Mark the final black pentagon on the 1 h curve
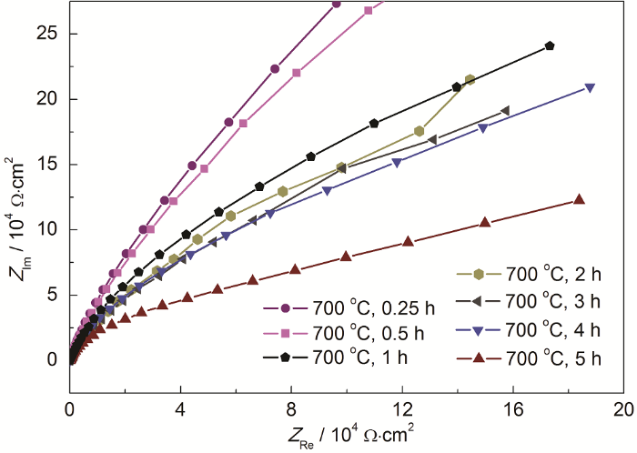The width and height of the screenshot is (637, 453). pyautogui.click(x=550, y=45)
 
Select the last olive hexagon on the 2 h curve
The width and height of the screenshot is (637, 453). pyautogui.click(x=470, y=80)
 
